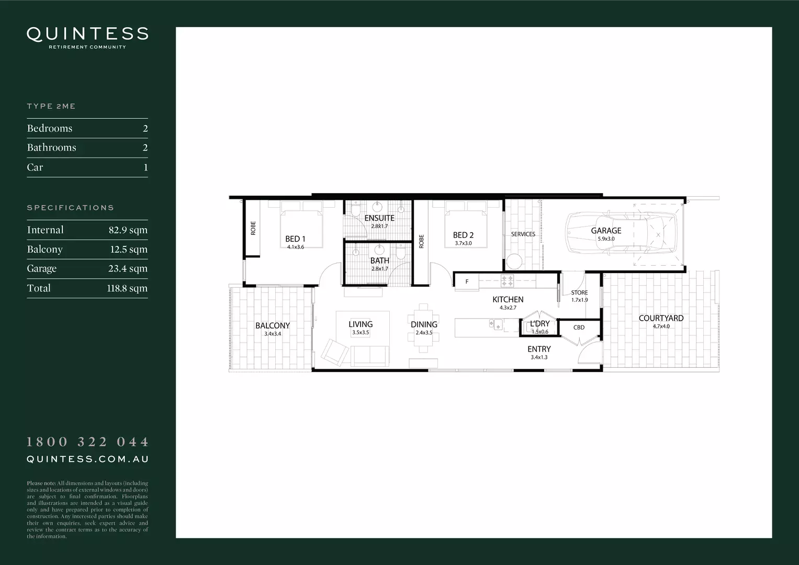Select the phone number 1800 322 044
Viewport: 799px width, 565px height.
[87, 442]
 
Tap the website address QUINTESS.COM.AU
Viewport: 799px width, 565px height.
[87, 459]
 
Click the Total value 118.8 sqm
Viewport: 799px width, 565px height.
[127, 288]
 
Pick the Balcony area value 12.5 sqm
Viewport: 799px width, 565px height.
[129, 250]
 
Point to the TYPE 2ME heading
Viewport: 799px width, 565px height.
[51, 106]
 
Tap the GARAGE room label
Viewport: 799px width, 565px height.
[606, 230]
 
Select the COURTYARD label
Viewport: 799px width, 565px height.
[661, 318]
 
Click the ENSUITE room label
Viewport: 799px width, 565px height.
[379, 218]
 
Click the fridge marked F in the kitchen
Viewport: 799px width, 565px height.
[467, 282]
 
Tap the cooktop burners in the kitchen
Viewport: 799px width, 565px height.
[507, 281]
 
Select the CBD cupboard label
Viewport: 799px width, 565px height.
[579, 327]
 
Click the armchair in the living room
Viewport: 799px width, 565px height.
[334, 352]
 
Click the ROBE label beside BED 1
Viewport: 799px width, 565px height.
[253, 228]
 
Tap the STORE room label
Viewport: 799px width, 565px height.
[579, 293]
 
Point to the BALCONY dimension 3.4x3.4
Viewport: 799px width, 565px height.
[272, 334]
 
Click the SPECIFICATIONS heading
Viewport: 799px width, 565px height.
[70, 208]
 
